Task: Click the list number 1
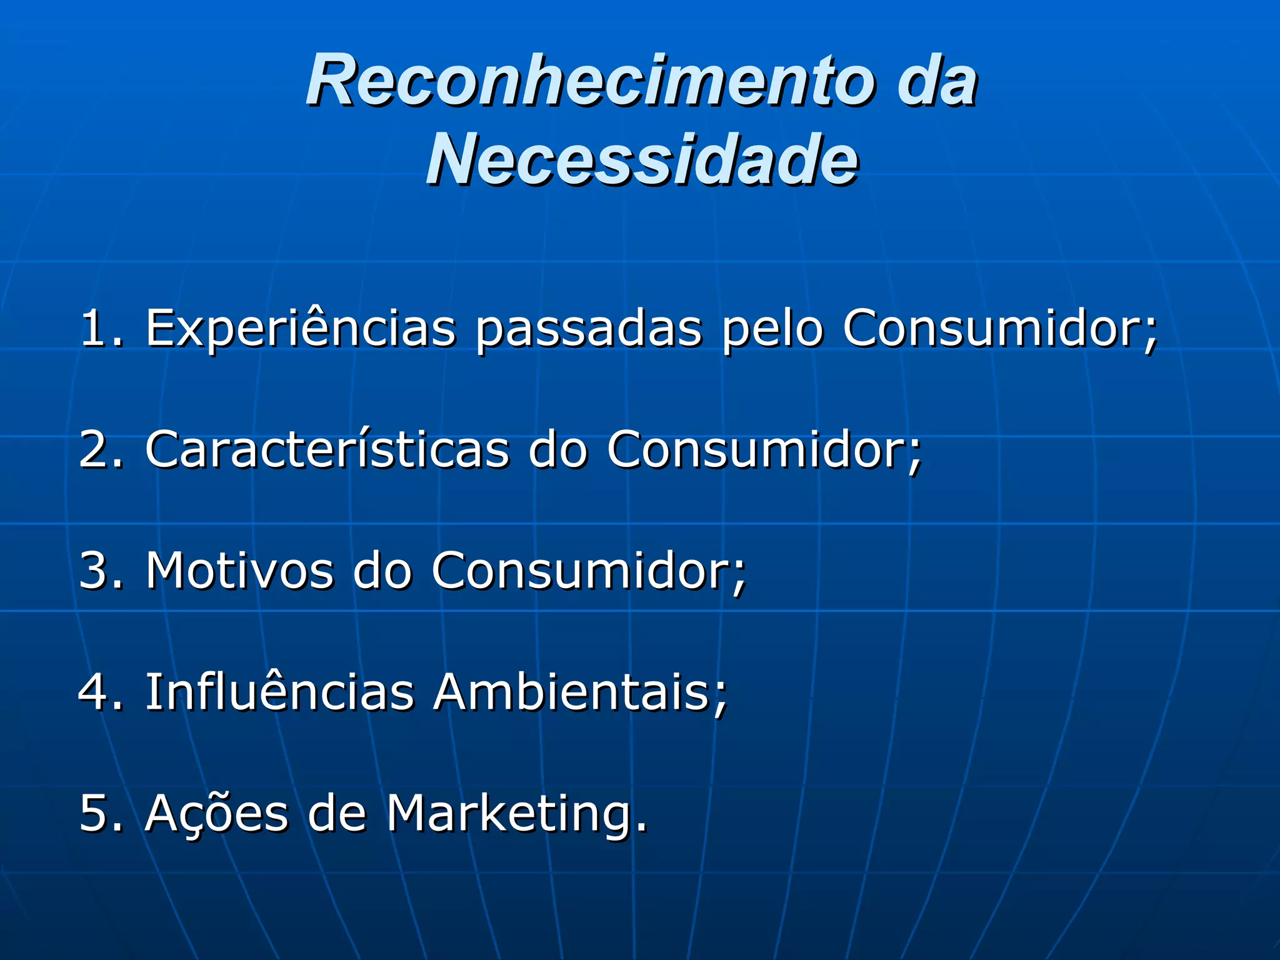[94, 327]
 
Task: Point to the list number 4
[94, 691]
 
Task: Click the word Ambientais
[575, 691]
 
